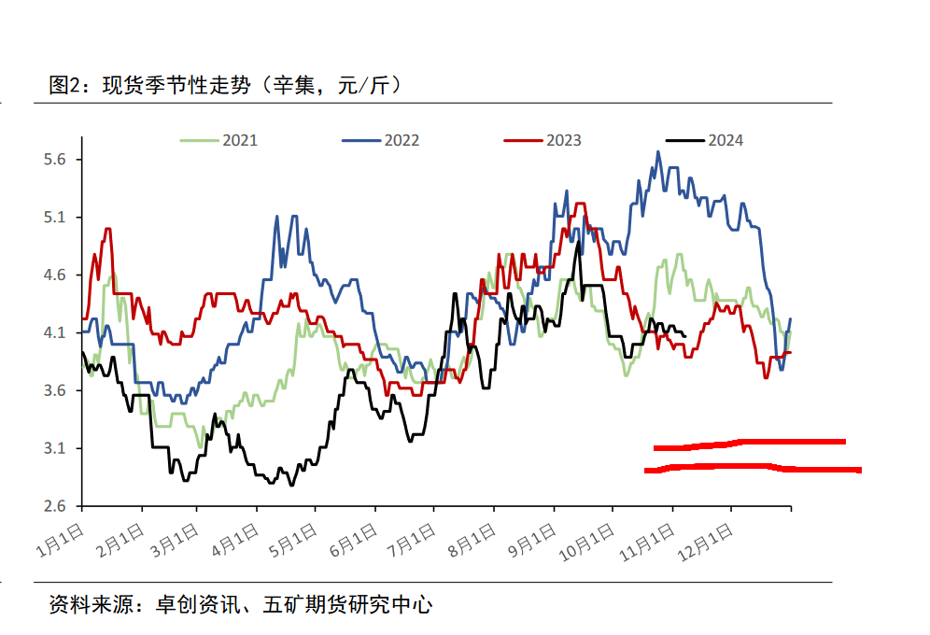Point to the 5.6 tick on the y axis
(x=56, y=160)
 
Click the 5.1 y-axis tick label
(x=56, y=218)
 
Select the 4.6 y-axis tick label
(x=56, y=275)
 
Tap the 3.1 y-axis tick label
(x=56, y=449)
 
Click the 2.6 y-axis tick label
(x=56, y=507)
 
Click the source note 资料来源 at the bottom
(x=241, y=605)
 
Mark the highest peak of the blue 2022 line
(x=658, y=152)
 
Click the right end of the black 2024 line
(x=686, y=336)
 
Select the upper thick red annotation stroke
(x=749, y=444)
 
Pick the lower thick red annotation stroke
(x=752, y=467)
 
